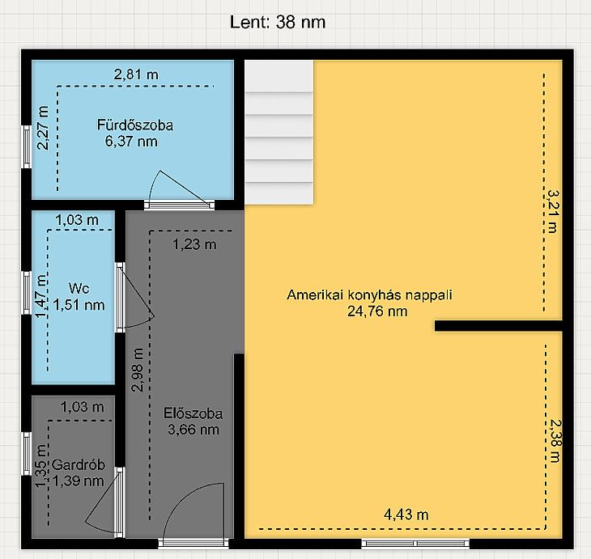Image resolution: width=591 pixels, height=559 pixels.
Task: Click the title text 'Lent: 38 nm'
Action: point(278,22)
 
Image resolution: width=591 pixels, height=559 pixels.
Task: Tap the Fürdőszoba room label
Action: point(135,125)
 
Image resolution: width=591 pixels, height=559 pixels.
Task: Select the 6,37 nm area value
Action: point(131,142)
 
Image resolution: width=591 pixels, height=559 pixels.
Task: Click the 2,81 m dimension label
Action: point(137,74)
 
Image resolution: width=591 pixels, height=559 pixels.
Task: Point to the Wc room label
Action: point(79,289)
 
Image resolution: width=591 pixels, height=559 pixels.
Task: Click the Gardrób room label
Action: point(79,465)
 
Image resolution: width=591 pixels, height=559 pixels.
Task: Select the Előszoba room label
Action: point(193,413)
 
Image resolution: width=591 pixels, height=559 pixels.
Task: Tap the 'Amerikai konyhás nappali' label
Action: point(369,294)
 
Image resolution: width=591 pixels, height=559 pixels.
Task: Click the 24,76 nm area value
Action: point(377,311)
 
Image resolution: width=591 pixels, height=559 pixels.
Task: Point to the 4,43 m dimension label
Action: point(406,515)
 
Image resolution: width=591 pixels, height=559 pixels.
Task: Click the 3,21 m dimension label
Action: point(553,211)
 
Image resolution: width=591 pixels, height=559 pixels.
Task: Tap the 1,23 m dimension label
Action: point(195,245)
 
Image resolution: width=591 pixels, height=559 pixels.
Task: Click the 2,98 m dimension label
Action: point(137,371)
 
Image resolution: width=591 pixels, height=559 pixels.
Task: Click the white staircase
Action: point(279,133)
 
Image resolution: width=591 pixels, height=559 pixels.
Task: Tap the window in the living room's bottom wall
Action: point(415,543)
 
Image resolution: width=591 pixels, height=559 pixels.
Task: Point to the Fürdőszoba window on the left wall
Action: point(27,147)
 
